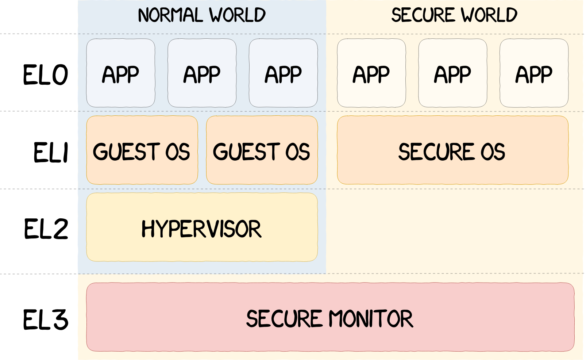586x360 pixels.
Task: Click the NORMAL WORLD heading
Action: click(201, 15)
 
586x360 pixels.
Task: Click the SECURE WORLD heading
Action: click(454, 15)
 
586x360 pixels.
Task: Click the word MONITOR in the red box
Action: click(371, 318)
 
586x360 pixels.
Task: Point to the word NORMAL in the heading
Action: click(170, 15)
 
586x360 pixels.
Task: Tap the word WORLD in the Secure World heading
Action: click(489, 15)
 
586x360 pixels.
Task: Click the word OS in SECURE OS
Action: click(493, 152)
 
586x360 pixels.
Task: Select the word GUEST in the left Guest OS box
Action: click(126, 152)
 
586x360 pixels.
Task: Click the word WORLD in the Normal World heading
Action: click(237, 15)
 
